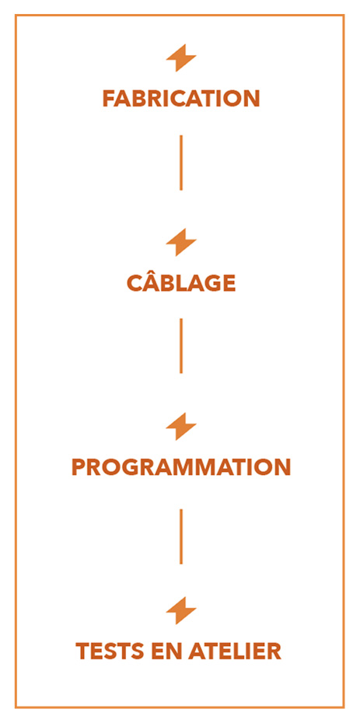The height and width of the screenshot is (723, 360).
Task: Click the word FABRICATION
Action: (181, 99)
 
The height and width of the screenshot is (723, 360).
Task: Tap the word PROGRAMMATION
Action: (181, 467)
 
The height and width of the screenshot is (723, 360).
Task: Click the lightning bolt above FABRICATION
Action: (181, 58)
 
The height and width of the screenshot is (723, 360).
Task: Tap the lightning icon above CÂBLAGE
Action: (181, 242)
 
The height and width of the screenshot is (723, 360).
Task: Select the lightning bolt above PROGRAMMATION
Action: (181, 427)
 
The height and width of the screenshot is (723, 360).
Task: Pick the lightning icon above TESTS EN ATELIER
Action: (181, 610)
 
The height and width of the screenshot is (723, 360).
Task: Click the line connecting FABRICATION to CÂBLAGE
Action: (181, 162)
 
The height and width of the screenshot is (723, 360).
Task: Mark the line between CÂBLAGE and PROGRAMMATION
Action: (181, 346)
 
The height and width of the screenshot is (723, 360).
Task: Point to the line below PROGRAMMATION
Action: (181, 536)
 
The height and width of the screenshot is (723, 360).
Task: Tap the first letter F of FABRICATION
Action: (109, 99)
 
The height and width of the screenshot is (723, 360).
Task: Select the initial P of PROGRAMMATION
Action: (79, 467)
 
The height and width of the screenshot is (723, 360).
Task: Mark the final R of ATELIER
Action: (274, 651)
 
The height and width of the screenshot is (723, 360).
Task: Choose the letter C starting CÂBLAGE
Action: (135, 283)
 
